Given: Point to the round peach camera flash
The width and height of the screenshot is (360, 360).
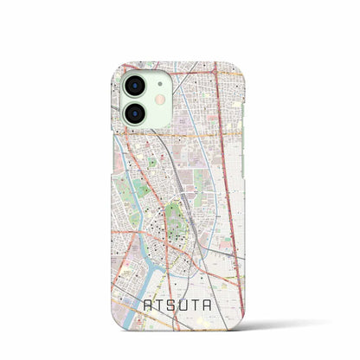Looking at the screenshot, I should click(x=160, y=100).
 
